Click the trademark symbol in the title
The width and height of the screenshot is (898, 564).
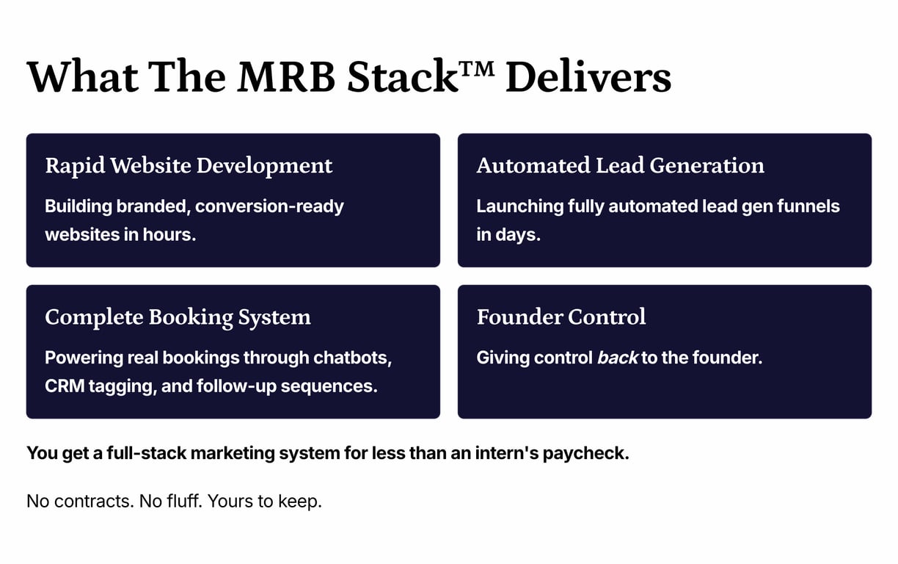477,69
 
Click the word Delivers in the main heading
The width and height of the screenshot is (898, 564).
588,76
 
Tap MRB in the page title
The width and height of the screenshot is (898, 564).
286,76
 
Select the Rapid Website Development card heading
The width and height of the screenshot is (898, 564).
189,166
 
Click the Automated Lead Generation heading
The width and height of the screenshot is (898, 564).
620,166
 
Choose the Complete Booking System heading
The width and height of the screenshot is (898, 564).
178,317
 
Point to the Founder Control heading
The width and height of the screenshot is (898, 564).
561,317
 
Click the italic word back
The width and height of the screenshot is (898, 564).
618,357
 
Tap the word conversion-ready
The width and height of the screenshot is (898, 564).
269,207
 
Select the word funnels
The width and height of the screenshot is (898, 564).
808,206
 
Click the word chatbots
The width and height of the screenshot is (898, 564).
352,358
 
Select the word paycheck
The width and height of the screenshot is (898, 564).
585,454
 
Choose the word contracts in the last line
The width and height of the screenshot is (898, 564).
94,502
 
